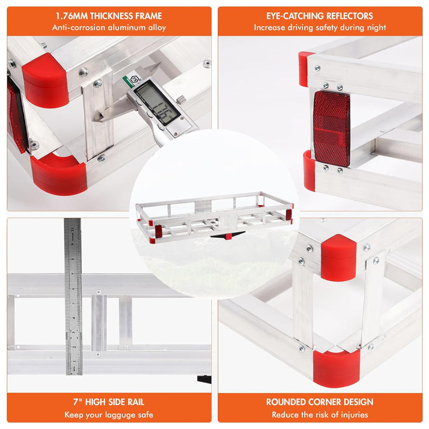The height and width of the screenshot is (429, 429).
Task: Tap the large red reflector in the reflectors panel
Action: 331,129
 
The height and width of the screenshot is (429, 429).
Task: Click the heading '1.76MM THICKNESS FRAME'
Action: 109,16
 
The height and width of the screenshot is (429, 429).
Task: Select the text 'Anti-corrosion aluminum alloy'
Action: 109,28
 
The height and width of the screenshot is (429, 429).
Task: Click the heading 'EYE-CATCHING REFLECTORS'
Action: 320,16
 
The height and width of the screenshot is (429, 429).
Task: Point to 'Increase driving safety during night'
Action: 320,28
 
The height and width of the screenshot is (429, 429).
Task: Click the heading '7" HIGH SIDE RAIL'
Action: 109,402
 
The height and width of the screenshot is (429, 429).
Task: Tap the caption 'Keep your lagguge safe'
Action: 109,415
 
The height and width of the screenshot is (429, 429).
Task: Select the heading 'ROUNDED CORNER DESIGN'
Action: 320,402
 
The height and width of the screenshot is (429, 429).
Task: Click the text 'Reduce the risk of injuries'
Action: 320,415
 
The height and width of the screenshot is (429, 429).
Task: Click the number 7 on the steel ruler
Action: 73,274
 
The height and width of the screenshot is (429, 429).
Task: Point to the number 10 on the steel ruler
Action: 72,230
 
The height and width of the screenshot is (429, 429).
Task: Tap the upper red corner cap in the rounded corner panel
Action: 338,258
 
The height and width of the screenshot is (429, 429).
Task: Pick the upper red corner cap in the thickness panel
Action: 46,80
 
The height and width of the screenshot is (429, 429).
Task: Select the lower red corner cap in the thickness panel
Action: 59,174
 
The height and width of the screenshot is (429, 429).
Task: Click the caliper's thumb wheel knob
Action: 181,100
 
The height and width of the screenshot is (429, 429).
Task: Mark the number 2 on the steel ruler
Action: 73,347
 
